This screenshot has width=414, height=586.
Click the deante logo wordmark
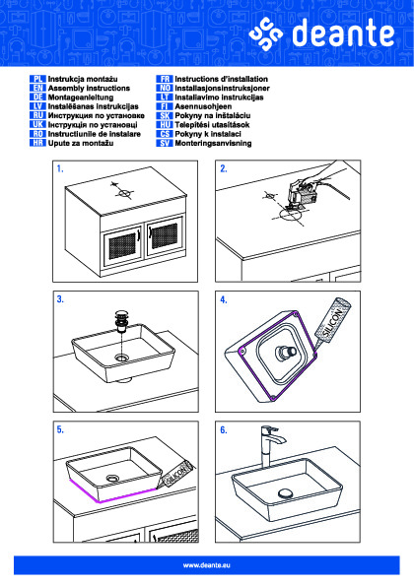(x=343, y=33)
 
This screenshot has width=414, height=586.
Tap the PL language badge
(x=37, y=79)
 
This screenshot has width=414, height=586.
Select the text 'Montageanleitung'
(x=81, y=98)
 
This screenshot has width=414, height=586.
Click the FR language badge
(x=165, y=79)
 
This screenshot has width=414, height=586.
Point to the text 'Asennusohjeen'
(x=203, y=106)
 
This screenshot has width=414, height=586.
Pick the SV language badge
(x=165, y=143)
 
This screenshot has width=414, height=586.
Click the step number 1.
(x=60, y=169)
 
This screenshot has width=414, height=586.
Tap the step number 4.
(x=224, y=299)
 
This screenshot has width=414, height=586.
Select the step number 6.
(x=224, y=430)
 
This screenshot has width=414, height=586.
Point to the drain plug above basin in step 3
(x=121, y=321)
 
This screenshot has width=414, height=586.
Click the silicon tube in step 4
(x=332, y=322)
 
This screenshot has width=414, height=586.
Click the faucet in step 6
(x=270, y=446)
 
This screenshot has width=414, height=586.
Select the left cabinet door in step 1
(x=121, y=245)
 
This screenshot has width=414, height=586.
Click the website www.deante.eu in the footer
(x=206, y=565)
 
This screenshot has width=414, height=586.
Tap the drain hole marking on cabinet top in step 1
(x=122, y=193)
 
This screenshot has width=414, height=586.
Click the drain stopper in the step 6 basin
(x=286, y=492)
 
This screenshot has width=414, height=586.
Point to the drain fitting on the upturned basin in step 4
(x=286, y=353)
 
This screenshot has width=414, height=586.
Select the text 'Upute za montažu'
(x=81, y=143)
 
